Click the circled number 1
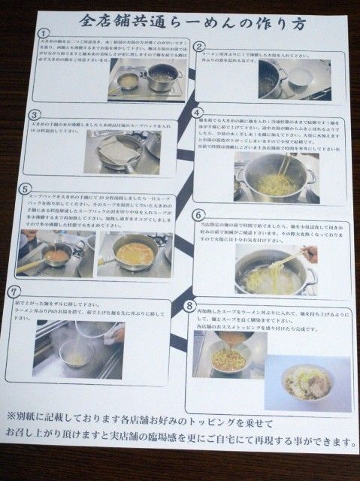(44, 35)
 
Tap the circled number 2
(199, 47)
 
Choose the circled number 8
(189, 305)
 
